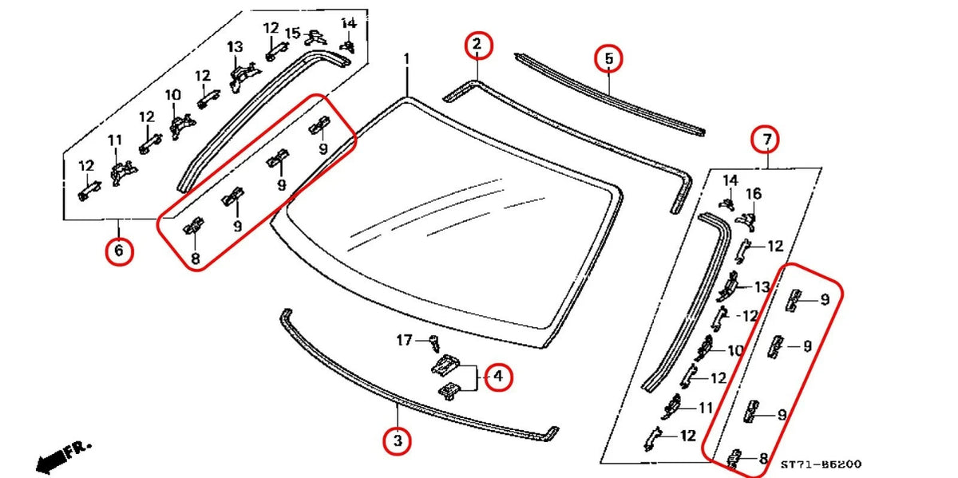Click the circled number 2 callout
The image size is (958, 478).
click(x=477, y=45)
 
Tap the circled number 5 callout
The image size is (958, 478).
click(x=608, y=58)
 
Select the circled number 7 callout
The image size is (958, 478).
click(x=766, y=140)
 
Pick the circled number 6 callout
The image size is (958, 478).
click(x=118, y=251)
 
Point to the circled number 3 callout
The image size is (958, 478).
click(x=397, y=440)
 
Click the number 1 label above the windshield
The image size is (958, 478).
click(x=406, y=59)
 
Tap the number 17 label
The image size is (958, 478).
click(x=405, y=341)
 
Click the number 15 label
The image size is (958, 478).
click(x=293, y=33)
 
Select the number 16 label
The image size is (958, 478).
click(x=754, y=194)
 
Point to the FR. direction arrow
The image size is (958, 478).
click(x=64, y=455)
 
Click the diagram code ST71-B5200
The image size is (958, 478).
click(x=821, y=464)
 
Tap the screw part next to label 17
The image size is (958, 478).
click(x=433, y=343)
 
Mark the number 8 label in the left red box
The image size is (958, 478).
click(x=195, y=258)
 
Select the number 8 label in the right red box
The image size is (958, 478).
click(x=763, y=459)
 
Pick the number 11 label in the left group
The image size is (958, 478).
click(x=115, y=141)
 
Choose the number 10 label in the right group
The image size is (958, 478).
click(x=735, y=350)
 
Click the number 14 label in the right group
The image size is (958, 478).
click(x=730, y=180)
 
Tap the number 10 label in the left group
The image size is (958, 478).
click(x=173, y=96)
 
